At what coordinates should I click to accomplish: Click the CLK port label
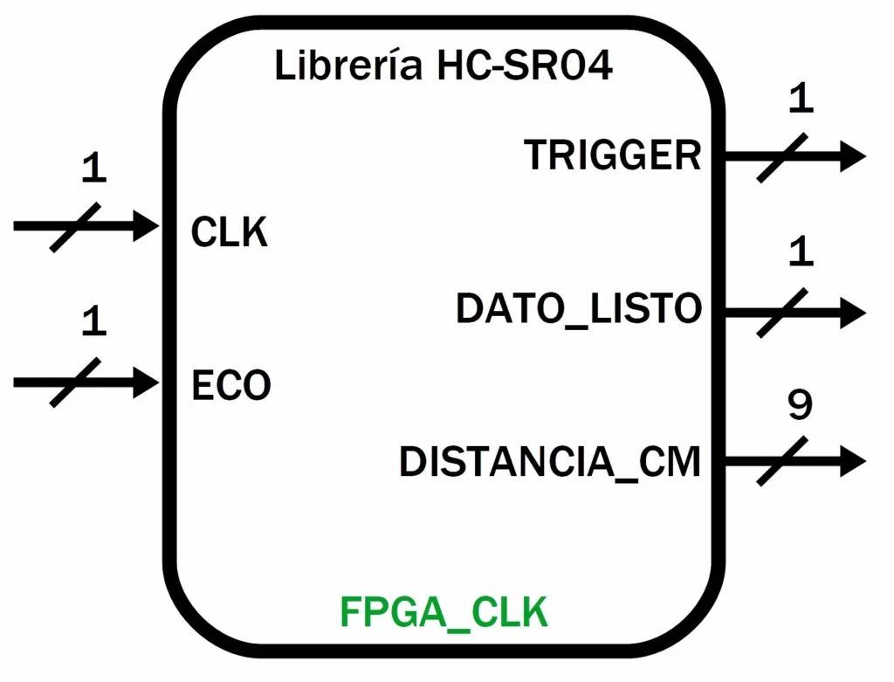pos(229,233)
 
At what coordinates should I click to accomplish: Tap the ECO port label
pos(230,385)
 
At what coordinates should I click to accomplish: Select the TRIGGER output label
pos(613,155)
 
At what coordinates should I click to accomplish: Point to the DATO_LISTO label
pos(579,309)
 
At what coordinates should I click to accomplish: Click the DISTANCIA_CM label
pos(550,462)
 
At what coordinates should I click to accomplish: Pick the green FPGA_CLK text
pos(444,613)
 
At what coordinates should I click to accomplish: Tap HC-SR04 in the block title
pos(521,66)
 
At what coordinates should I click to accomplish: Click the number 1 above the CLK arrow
pos(93,169)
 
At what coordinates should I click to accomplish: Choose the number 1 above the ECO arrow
pos(93,322)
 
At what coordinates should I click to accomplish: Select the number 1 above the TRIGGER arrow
pos(800,100)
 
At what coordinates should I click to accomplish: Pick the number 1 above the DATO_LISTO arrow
pos(800,253)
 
